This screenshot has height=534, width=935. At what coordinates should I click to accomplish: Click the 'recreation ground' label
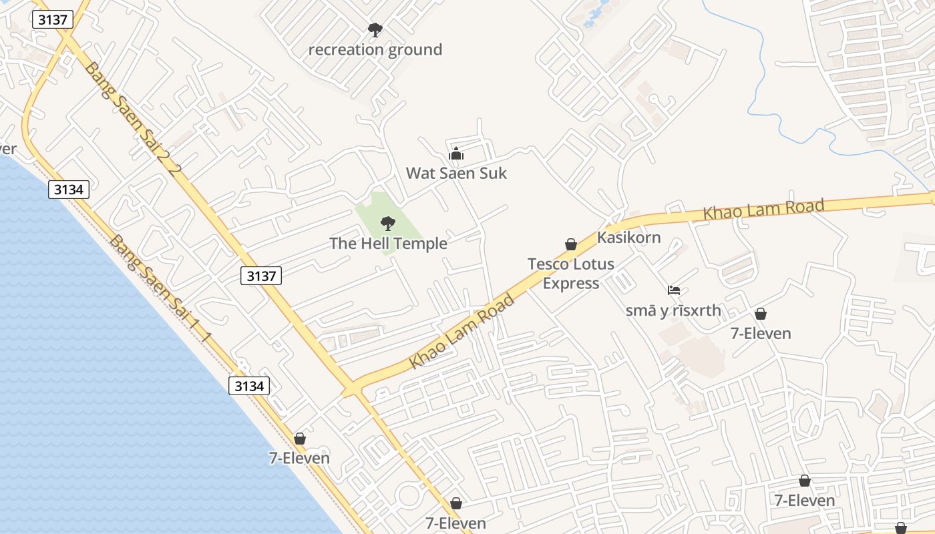tap(375, 49)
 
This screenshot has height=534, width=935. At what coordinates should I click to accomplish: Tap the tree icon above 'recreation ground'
tap(375, 29)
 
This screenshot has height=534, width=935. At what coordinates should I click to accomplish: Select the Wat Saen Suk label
tap(456, 174)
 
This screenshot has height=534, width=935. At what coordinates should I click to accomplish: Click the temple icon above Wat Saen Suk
tap(456, 154)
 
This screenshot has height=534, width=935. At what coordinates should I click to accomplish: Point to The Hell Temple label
tap(388, 244)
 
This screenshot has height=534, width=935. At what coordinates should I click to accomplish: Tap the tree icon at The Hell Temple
tap(387, 224)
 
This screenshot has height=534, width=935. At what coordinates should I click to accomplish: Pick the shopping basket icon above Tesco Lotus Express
tap(571, 244)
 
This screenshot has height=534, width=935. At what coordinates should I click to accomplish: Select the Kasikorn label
tap(628, 238)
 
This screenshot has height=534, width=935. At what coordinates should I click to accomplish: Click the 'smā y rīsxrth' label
tap(673, 310)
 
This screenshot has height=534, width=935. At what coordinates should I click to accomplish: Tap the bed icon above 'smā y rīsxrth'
tap(674, 290)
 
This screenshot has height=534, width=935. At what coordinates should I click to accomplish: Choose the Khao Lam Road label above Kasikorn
tap(763, 210)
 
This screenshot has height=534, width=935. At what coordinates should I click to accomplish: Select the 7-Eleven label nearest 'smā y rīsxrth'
tap(761, 333)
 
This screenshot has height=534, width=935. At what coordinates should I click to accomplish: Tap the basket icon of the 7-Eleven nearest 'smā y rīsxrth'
tap(760, 314)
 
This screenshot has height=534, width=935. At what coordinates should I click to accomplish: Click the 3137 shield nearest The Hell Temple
tap(261, 276)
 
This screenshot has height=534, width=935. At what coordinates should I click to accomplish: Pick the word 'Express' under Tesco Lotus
tap(570, 283)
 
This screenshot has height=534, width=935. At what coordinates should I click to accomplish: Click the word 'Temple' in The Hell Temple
tap(421, 244)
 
